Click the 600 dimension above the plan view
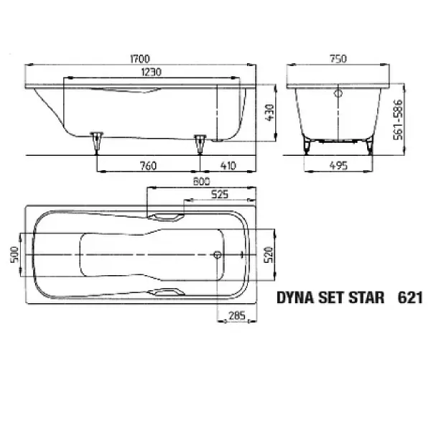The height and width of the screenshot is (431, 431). click(201, 182)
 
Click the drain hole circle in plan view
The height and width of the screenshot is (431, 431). click(218, 254)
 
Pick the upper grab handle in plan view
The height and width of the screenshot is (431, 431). click(166, 215)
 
